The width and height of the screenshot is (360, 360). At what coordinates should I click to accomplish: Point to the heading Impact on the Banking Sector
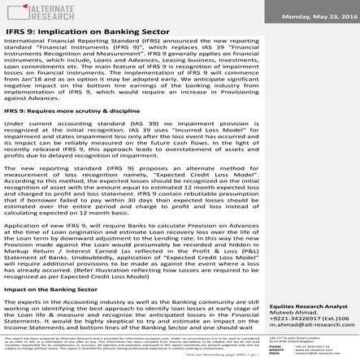[50, 288]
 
